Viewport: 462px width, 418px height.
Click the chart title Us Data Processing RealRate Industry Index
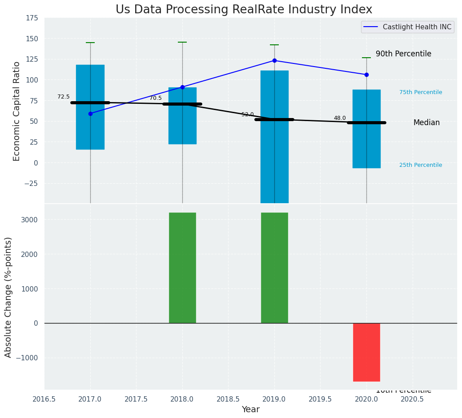tap(244, 10)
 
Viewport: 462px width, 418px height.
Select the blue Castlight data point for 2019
tap(274, 60)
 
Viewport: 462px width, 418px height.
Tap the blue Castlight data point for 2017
tap(90, 114)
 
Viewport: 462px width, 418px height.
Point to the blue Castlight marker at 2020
tap(366, 75)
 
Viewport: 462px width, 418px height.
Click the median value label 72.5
tap(64, 97)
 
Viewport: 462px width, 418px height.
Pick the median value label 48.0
tap(340, 118)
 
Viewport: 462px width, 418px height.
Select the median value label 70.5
tap(156, 98)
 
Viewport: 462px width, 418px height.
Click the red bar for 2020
tap(366, 352)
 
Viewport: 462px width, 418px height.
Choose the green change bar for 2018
tap(182, 268)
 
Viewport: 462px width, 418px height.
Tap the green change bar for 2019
tap(274, 268)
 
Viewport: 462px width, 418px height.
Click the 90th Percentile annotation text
tap(403, 54)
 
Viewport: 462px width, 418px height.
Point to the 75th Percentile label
tap(421, 92)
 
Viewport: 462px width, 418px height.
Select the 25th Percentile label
tap(421, 165)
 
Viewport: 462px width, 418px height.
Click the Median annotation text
tap(426, 122)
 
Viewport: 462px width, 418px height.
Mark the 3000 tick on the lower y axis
tap(29, 220)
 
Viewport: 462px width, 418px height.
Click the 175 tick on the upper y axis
tap(32, 18)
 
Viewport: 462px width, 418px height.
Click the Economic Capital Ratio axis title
tap(17, 111)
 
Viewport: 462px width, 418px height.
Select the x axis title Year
tap(251, 410)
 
